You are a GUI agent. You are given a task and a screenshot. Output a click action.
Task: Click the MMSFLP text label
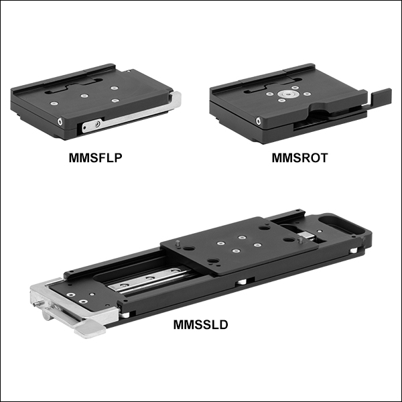[95, 157]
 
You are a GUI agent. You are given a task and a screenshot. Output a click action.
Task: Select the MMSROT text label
[299, 157]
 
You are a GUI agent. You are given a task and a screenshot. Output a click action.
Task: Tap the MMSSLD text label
[200, 324]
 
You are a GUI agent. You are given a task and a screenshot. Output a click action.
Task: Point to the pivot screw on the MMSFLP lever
[97, 125]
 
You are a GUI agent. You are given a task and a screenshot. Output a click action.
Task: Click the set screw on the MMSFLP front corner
[60, 121]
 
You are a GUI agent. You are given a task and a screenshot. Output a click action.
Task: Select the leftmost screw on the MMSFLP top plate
[54, 104]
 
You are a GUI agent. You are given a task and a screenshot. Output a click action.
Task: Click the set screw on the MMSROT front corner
[259, 121]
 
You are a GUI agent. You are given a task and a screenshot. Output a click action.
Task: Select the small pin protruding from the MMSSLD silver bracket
[36, 304]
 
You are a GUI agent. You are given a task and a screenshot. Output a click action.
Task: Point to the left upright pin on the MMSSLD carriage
[178, 244]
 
